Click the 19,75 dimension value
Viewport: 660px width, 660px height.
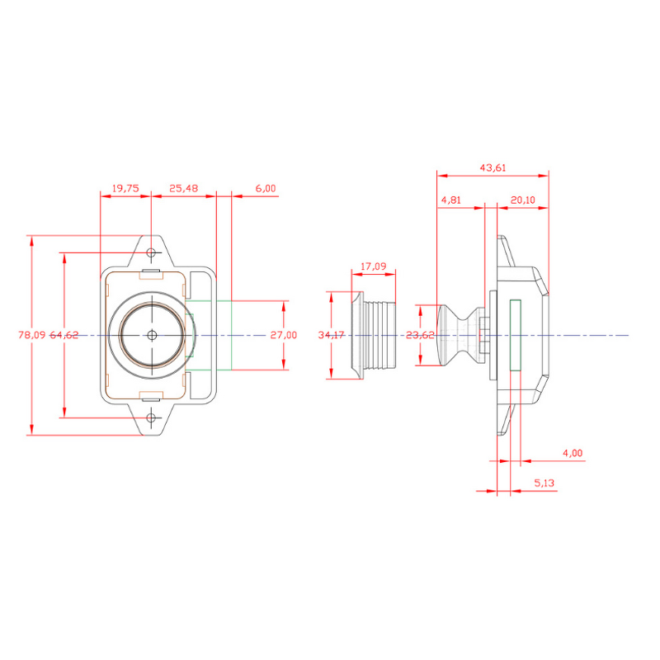coord(125,189)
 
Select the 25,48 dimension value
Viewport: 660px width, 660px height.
coord(183,189)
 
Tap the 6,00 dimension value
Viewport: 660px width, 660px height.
coord(266,189)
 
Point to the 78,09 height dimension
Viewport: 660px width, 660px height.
coord(31,335)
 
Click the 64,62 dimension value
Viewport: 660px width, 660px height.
coord(64,335)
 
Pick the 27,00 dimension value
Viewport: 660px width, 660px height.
coord(284,335)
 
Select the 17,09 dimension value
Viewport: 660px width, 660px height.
coord(375,266)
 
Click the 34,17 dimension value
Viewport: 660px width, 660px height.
coord(332,335)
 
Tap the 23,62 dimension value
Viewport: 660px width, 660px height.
coord(421,335)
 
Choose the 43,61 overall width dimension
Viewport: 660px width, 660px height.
coord(493,168)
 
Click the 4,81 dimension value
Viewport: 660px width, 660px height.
coord(451,200)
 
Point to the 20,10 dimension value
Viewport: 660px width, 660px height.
coord(522,200)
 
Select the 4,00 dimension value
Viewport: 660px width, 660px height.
coord(572,453)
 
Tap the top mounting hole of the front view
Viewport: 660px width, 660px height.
coord(151,252)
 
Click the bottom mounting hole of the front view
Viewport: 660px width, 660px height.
coord(151,418)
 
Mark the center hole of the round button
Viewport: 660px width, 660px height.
coord(151,335)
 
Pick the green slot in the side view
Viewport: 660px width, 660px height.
coord(515,335)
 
